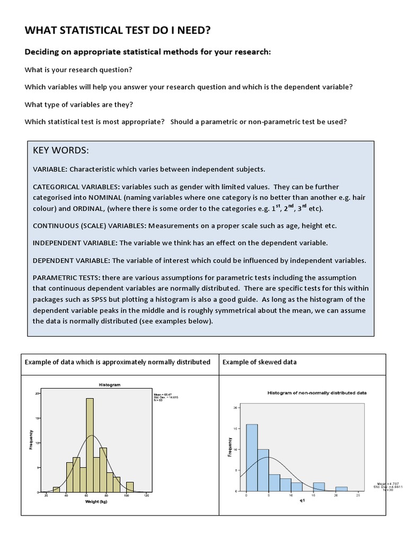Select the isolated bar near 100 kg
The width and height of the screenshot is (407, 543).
click(x=130, y=487)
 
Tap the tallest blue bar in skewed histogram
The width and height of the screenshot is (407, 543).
click(x=252, y=457)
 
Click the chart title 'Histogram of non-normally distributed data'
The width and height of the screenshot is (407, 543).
click(x=317, y=392)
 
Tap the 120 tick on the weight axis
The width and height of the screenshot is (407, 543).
click(x=146, y=496)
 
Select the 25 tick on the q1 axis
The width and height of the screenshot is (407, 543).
click(x=358, y=495)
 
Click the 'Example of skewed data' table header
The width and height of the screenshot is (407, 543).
click(x=259, y=362)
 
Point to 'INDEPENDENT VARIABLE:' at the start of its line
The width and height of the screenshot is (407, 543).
click(x=75, y=243)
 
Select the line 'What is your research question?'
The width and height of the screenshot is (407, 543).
click(x=78, y=70)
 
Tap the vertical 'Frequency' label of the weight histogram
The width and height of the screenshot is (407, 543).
click(x=31, y=440)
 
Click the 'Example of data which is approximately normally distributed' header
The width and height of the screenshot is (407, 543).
click(x=118, y=362)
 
